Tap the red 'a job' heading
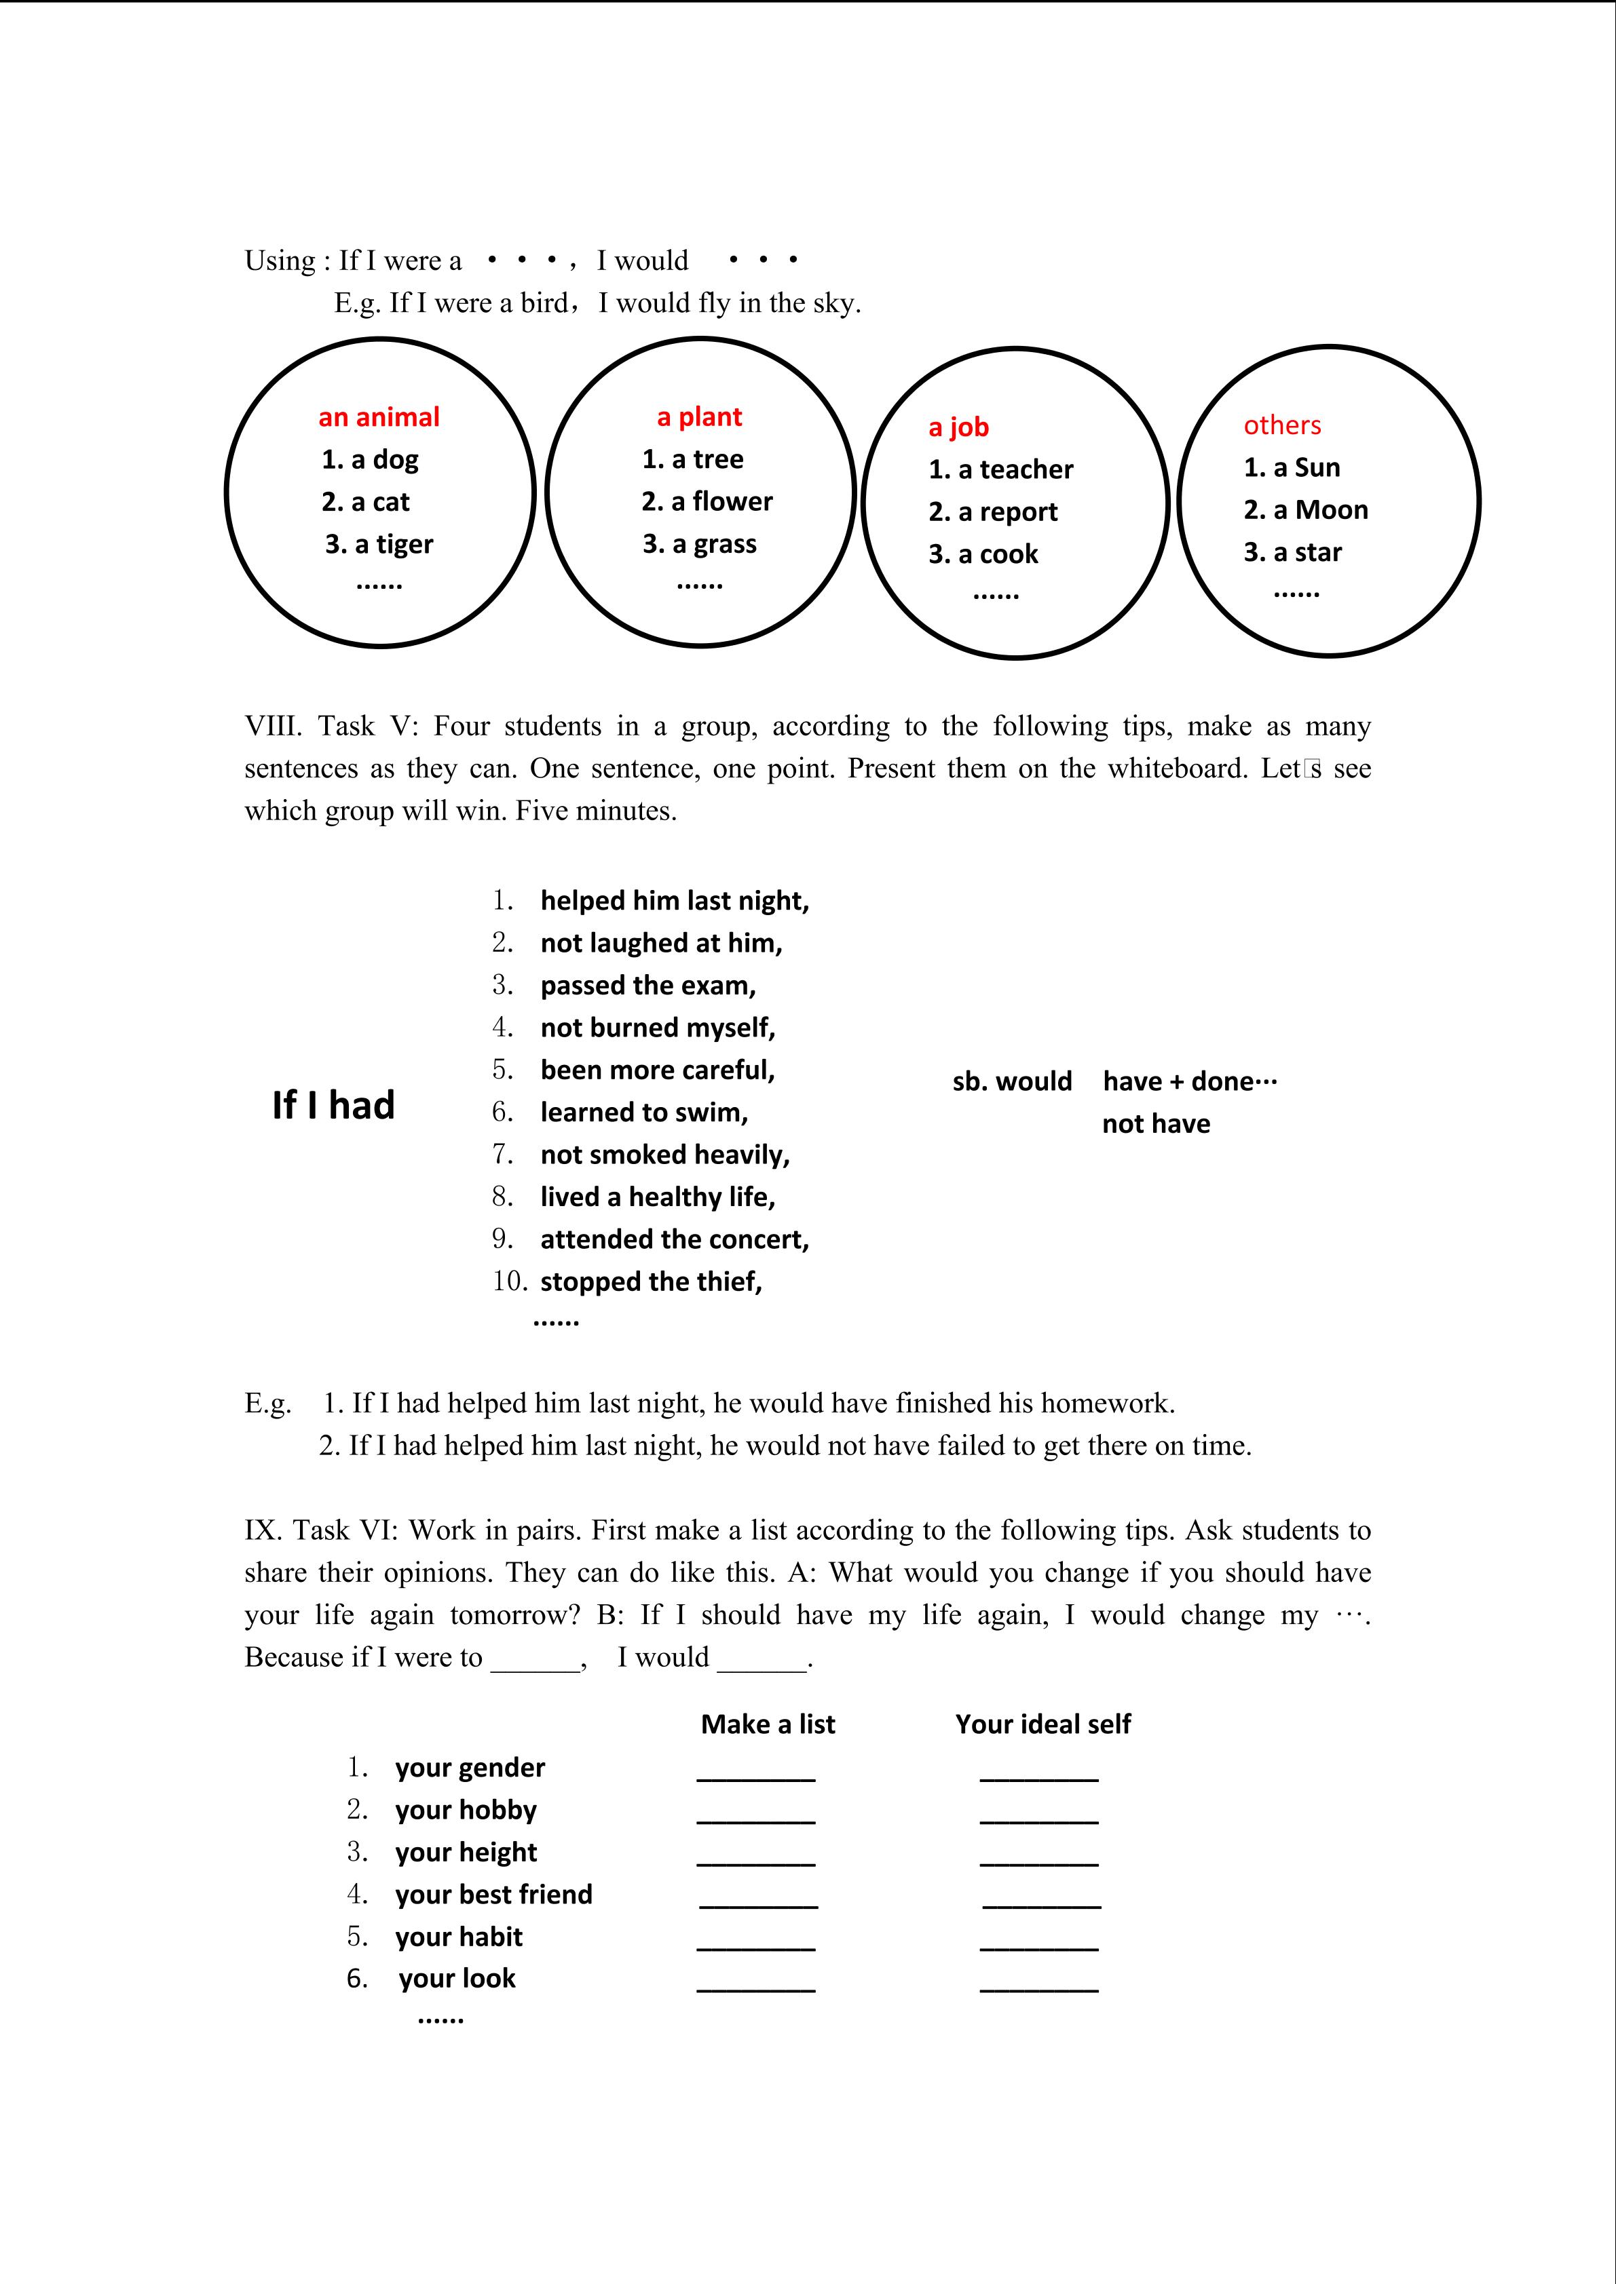[958, 427]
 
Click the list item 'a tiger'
[379, 544]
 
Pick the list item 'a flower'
[707, 501]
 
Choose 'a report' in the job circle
[993, 511]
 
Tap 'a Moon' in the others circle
[1306, 510]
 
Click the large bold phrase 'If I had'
[333, 1105]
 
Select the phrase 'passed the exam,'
[647, 986]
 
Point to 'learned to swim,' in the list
[644, 1112]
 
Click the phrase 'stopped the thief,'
[651, 1281]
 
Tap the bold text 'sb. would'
[1012, 1081]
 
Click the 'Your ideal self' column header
[1043, 1724]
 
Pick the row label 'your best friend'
[493, 1894]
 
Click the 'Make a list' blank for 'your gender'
[755, 1776]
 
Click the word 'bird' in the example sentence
[544, 303]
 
